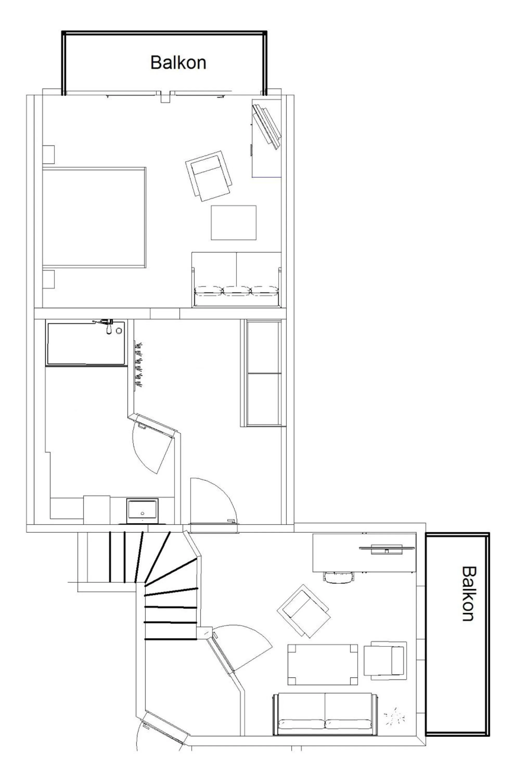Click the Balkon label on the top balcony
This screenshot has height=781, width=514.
click(x=178, y=62)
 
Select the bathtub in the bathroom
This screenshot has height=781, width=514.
click(x=86, y=343)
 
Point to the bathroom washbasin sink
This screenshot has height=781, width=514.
click(x=142, y=511)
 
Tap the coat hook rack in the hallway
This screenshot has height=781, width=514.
click(x=139, y=364)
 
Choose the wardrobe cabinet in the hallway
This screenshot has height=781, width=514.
click(x=263, y=373)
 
